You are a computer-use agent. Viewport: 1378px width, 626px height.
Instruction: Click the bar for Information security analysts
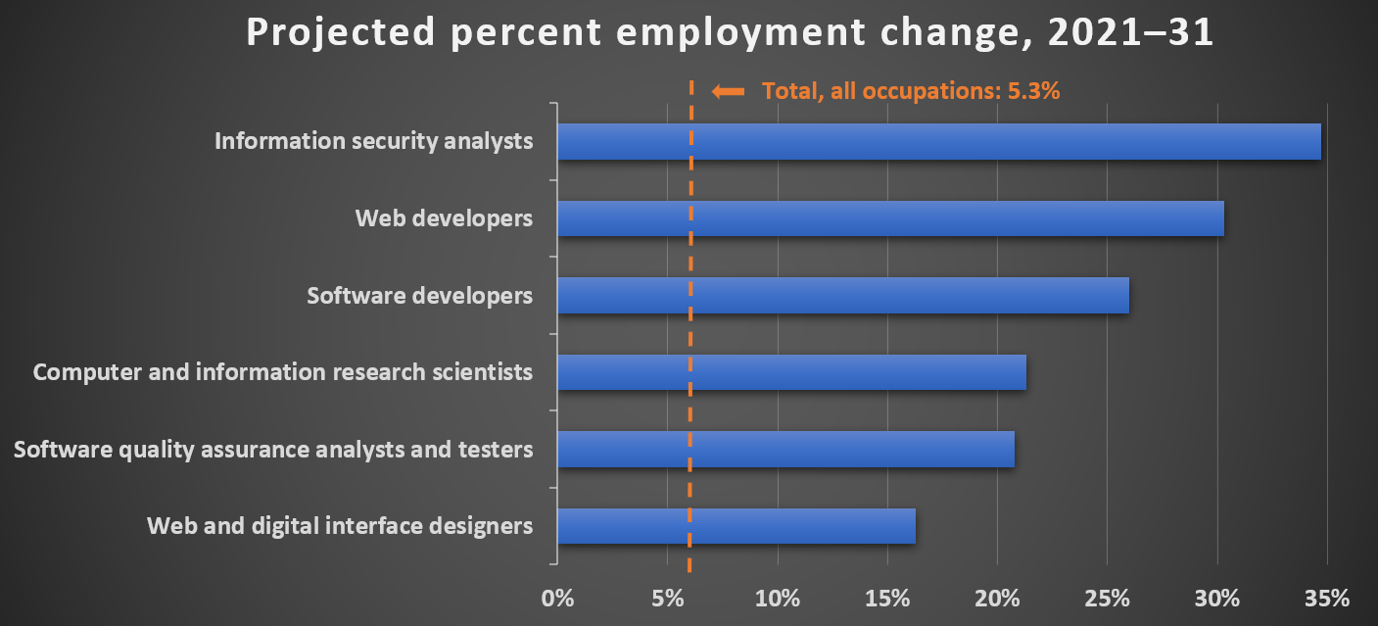pyautogui.click(x=938, y=141)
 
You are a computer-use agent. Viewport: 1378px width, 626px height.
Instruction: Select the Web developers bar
pyautogui.click(x=890, y=218)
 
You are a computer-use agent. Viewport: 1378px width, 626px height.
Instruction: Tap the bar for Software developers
pyautogui.click(x=842, y=295)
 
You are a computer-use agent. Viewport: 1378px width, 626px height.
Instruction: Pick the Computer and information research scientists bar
pyautogui.click(x=791, y=372)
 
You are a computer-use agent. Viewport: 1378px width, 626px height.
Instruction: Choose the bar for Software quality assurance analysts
pyautogui.click(x=785, y=450)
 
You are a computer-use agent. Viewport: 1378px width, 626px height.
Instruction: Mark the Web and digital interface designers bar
pyautogui.click(x=736, y=526)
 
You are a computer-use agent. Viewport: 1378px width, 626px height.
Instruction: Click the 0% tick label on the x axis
pyautogui.click(x=557, y=597)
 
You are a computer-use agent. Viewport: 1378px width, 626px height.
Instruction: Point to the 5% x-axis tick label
pyautogui.click(x=667, y=597)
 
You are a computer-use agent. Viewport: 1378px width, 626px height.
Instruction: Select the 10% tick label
pyautogui.click(x=778, y=597)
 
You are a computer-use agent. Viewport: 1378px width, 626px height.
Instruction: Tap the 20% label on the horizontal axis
pyautogui.click(x=997, y=597)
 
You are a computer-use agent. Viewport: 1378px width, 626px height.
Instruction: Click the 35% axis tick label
pyautogui.click(x=1327, y=597)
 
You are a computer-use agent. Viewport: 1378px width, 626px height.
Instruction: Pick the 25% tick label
pyautogui.click(x=1107, y=597)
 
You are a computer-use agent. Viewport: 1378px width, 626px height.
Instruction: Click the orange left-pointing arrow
pyautogui.click(x=728, y=91)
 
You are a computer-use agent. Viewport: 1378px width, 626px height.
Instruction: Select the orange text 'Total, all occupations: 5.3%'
pyautogui.click(x=912, y=91)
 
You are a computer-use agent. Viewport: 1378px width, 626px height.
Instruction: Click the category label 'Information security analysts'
pyautogui.click(x=373, y=141)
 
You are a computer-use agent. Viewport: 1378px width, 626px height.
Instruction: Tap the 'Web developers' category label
pyautogui.click(x=444, y=218)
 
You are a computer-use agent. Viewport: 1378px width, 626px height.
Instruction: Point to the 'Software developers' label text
pyautogui.click(x=419, y=295)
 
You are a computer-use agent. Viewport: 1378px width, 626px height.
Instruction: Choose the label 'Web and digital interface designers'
pyautogui.click(x=340, y=526)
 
